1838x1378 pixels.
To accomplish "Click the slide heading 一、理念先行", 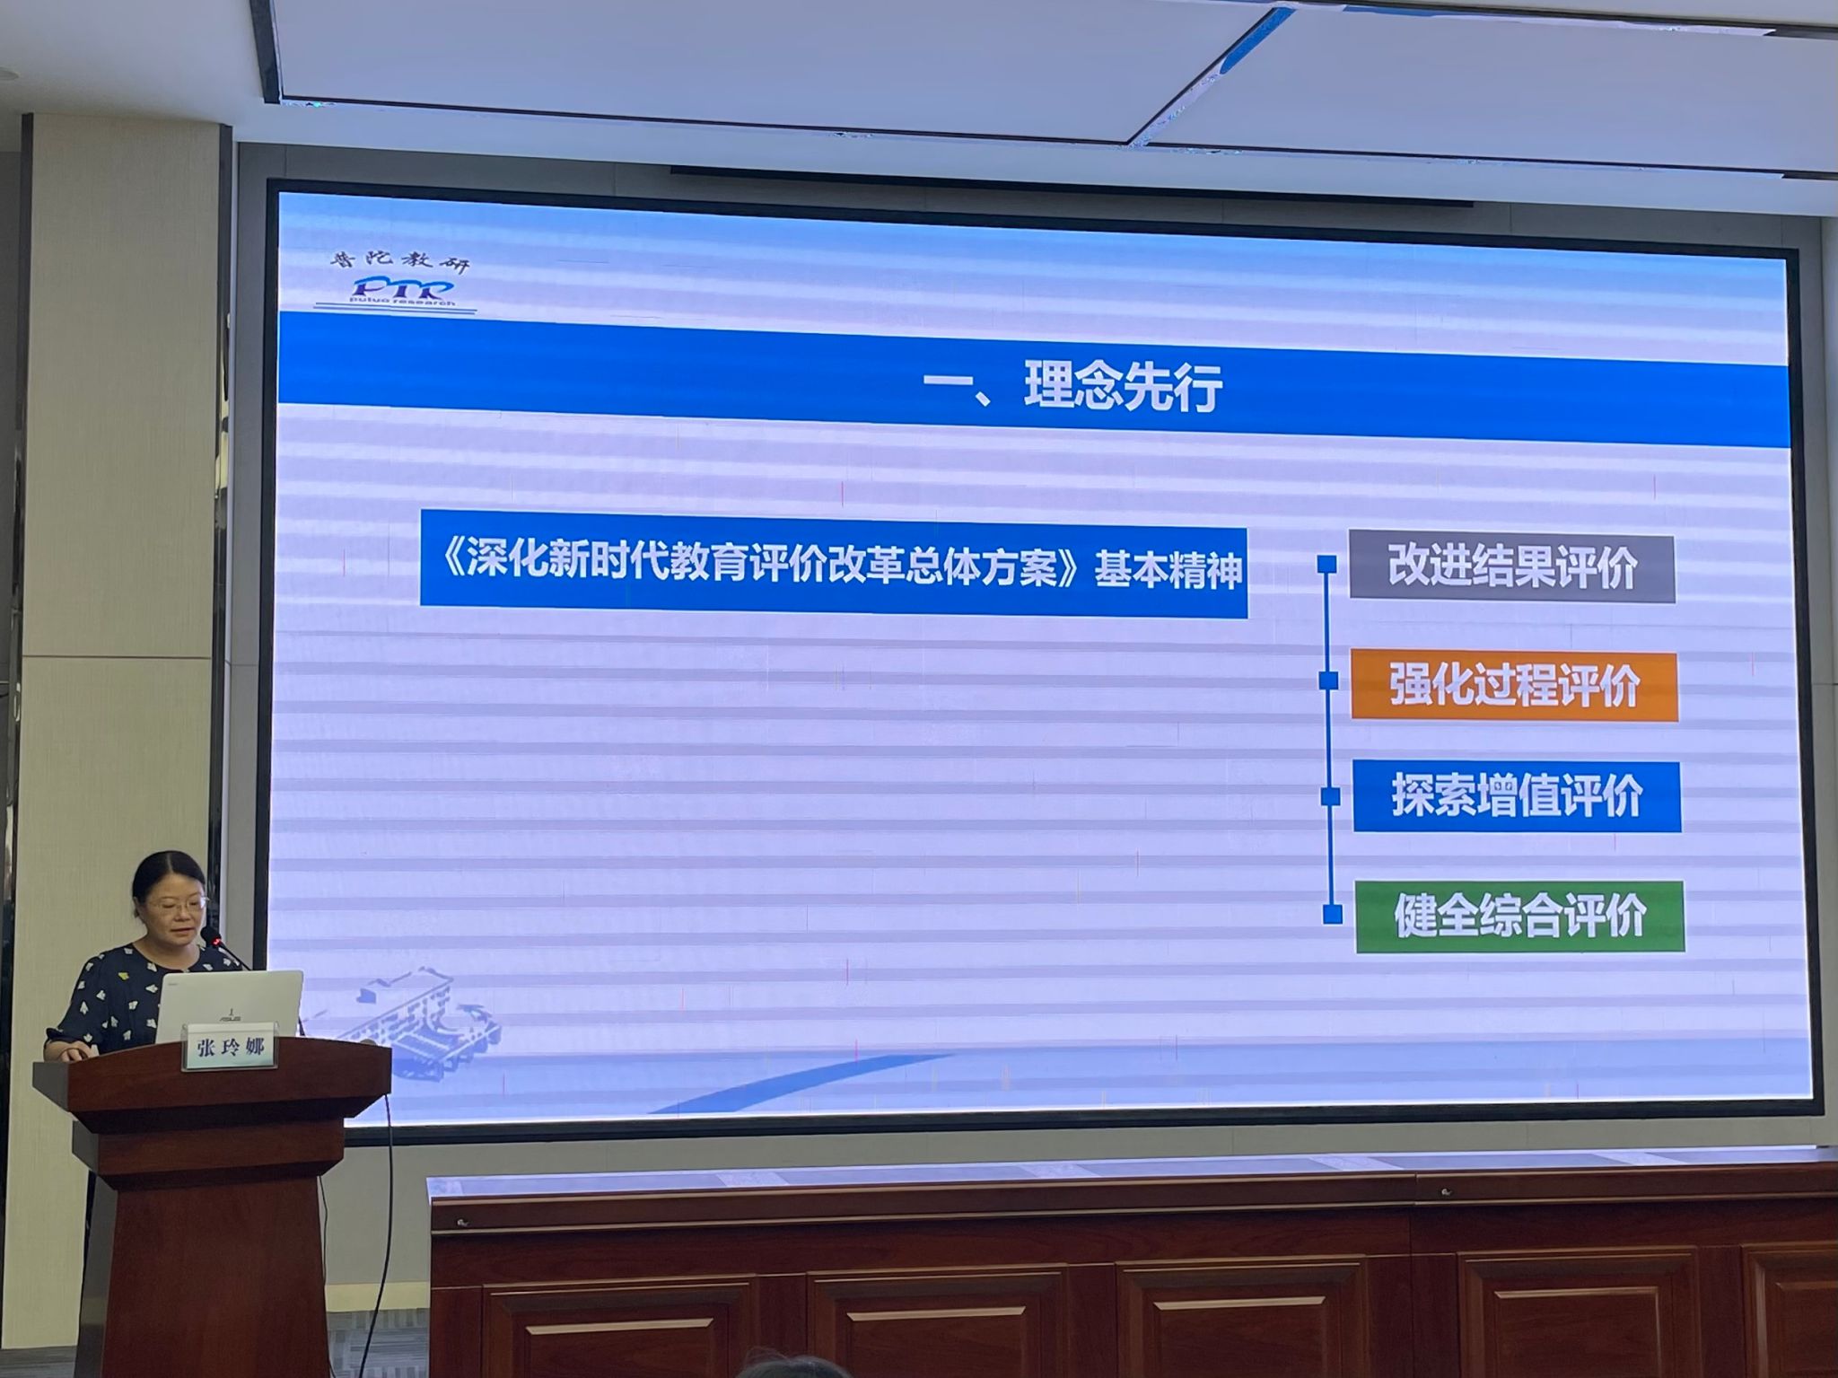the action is pos(1072,389).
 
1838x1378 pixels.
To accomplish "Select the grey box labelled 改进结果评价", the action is pos(1512,567).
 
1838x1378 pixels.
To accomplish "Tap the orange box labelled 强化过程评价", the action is pos(1514,686).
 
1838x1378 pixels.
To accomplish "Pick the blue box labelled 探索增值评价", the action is pos(1517,796).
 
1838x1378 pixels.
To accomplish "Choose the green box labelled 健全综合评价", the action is pos(1519,917).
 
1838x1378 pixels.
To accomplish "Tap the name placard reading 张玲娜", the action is pos(230,1049).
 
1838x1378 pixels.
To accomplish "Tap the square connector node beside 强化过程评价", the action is pos(1329,681).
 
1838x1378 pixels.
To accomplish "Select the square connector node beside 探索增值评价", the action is pos(1331,796).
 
